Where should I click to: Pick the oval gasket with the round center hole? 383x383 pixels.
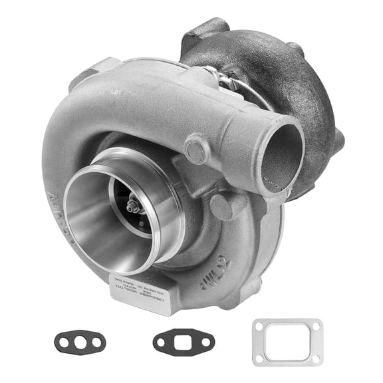tap(80, 343)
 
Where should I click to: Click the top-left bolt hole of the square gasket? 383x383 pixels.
tap(259, 326)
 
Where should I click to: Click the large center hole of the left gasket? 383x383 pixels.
tap(80, 343)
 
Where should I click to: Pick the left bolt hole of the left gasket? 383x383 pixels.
tap(63, 343)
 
